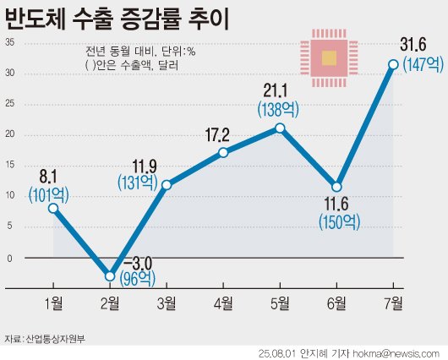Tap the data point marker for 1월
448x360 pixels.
(53, 208)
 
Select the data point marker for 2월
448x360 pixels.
(110, 275)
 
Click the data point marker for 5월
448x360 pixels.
(280, 128)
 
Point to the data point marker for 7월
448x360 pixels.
(393, 63)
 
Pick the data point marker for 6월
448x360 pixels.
(336, 186)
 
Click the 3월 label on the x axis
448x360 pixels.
(167, 302)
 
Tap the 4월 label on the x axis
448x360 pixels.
(223, 302)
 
